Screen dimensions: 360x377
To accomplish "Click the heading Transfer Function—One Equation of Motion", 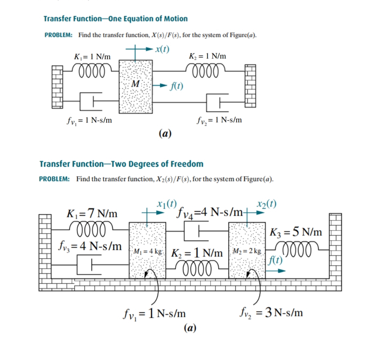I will (116, 19).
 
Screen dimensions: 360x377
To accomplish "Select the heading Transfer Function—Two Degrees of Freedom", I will (121, 164).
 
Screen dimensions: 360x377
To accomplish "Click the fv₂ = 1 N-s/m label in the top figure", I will (219, 121).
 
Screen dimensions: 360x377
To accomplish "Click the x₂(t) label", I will (266, 204).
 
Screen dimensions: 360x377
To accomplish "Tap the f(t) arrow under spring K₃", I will (279, 270).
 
